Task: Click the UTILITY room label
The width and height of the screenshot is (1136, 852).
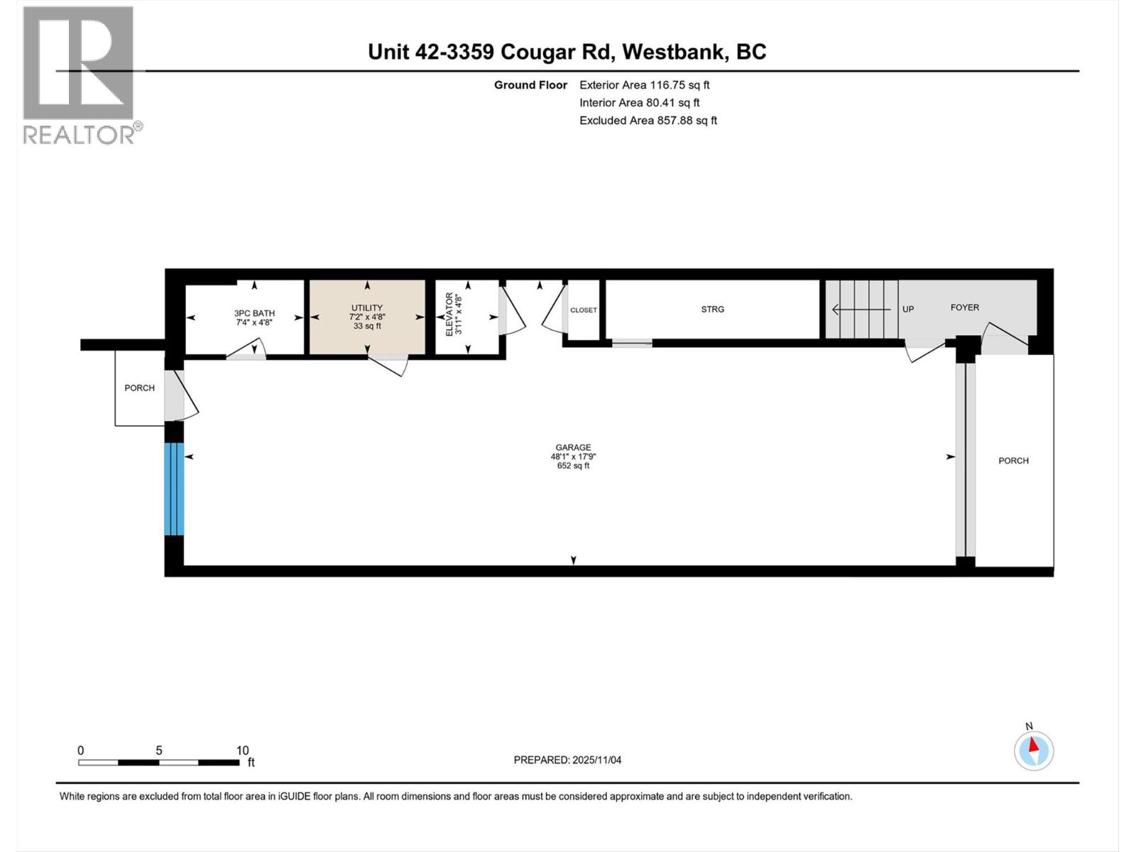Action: point(366,308)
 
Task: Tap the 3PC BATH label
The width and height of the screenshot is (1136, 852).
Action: point(254,313)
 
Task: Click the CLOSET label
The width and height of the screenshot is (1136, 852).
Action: point(584,310)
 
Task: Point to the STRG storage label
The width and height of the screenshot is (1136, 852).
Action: point(712,309)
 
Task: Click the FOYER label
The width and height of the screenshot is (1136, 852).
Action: point(964,307)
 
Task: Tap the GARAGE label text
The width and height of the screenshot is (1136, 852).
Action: point(573,447)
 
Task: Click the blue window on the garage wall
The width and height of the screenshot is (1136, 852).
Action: point(174,488)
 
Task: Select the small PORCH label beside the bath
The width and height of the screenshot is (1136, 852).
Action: point(139,388)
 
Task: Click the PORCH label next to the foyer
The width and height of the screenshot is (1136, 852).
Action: point(1013,461)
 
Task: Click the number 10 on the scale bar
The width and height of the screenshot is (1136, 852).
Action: point(242,750)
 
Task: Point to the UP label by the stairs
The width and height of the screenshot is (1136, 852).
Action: point(907,309)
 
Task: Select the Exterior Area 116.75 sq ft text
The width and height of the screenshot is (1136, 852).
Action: point(644,85)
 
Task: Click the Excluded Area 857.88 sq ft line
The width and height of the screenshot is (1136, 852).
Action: point(648,121)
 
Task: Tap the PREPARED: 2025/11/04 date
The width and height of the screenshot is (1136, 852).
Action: point(567,760)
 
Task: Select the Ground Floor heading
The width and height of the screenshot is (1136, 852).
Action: point(530,85)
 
